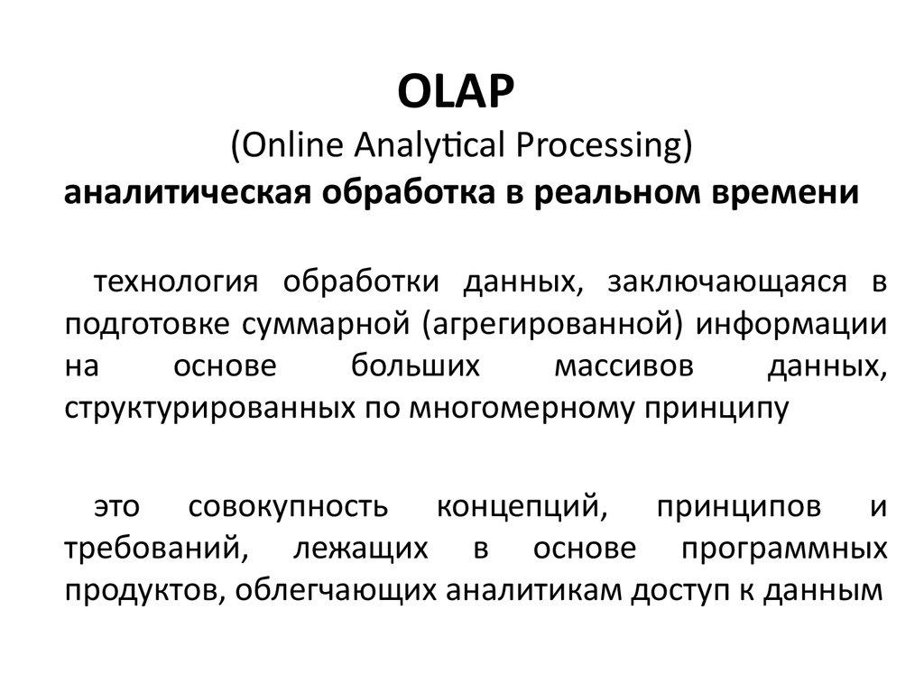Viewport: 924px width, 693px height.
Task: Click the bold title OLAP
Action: click(x=461, y=93)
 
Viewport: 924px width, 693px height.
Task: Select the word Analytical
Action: click(x=433, y=144)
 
